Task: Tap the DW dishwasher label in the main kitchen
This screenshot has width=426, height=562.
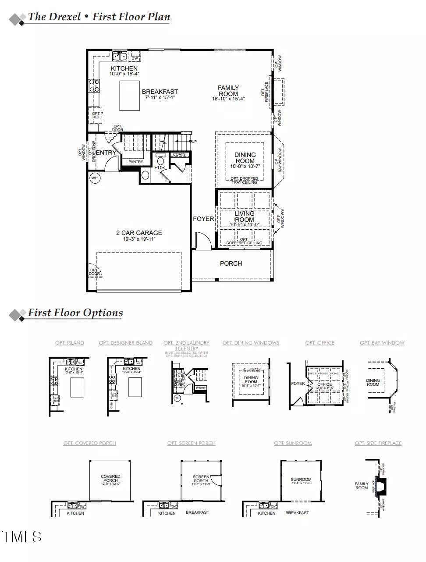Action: (135, 58)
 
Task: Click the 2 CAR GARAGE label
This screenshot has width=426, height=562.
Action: (139, 233)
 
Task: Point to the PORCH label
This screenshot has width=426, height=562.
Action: (231, 263)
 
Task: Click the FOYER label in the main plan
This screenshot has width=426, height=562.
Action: (203, 219)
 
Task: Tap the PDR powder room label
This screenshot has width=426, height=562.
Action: (160, 167)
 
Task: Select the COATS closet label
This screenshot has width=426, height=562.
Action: (179, 154)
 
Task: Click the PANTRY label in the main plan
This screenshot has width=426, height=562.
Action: (136, 162)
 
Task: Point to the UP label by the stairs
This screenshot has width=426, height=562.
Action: (194, 142)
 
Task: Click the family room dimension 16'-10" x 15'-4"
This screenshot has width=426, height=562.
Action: (228, 99)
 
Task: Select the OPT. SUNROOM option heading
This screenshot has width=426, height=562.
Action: (293, 443)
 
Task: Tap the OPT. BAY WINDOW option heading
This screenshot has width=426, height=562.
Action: (382, 343)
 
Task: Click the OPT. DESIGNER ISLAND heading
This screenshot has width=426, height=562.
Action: (126, 343)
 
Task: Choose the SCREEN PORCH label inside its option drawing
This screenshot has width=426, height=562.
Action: (201, 479)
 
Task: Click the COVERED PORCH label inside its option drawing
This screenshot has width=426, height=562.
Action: (110, 478)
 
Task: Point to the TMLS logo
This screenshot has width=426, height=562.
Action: (21, 537)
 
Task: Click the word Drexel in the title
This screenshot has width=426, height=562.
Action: (64, 17)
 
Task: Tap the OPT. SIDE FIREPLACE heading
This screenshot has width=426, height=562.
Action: (378, 443)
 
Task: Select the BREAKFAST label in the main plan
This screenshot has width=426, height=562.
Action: (160, 92)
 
